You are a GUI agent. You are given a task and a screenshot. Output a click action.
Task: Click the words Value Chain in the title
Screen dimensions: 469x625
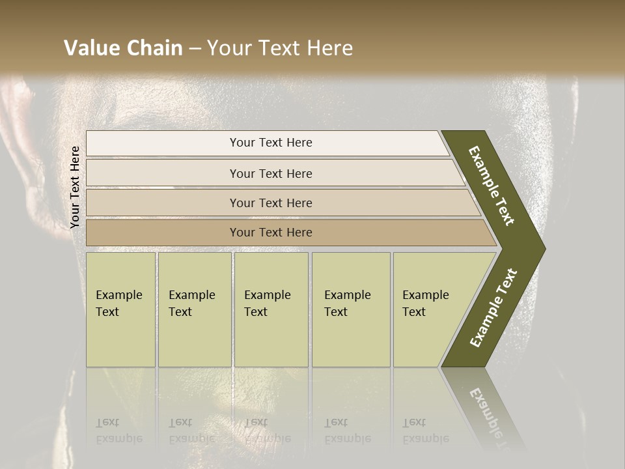[x=123, y=48]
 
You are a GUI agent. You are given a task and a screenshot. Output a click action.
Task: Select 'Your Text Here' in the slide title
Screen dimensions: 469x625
[x=280, y=48]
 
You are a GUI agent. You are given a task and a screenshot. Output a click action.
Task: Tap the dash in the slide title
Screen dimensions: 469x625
[x=195, y=49]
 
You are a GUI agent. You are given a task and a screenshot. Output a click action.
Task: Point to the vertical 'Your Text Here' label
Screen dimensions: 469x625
[x=75, y=187]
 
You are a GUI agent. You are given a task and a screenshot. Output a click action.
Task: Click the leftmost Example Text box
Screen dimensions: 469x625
[x=120, y=309]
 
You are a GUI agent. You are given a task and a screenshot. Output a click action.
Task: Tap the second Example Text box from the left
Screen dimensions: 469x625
[x=194, y=309]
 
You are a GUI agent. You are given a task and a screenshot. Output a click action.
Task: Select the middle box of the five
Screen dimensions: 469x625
[x=271, y=309]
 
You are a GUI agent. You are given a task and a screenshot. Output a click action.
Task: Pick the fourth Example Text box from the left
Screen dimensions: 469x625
[x=350, y=309]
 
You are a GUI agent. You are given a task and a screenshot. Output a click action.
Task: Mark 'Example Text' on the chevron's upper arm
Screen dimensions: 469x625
[x=492, y=186]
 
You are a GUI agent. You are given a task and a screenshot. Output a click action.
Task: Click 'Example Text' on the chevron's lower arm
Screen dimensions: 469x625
[x=493, y=308]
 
